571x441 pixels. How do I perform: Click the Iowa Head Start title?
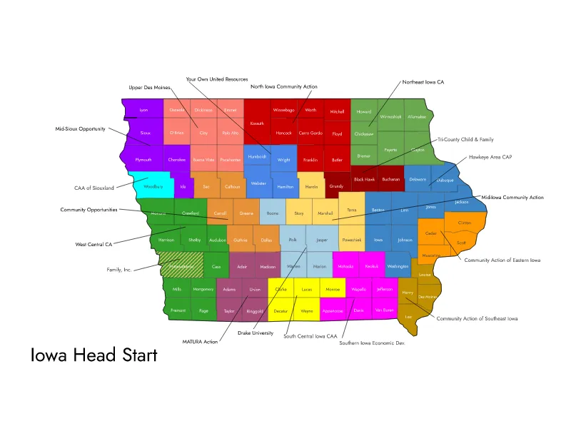pyautogui.click(x=94, y=355)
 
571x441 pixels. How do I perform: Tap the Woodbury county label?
pyautogui.click(x=153, y=187)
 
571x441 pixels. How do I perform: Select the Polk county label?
pyautogui.click(x=293, y=240)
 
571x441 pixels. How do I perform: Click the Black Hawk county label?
pyautogui.click(x=364, y=179)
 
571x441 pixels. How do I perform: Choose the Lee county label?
pyautogui.click(x=408, y=316)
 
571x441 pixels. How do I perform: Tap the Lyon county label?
pyautogui.click(x=143, y=110)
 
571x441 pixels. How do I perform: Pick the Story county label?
pyautogui.click(x=299, y=213)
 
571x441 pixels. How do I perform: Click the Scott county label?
pyautogui.click(x=461, y=243)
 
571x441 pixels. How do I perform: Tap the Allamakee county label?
pyautogui.click(x=418, y=116)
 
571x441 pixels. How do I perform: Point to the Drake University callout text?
pyautogui.click(x=256, y=333)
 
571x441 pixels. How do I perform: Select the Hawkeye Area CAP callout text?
pyautogui.click(x=490, y=156)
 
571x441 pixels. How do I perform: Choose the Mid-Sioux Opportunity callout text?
pyautogui.click(x=81, y=129)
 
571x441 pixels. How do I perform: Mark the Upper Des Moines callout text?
pyautogui.click(x=150, y=87)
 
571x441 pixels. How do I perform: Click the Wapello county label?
pyautogui.click(x=358, y=289)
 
